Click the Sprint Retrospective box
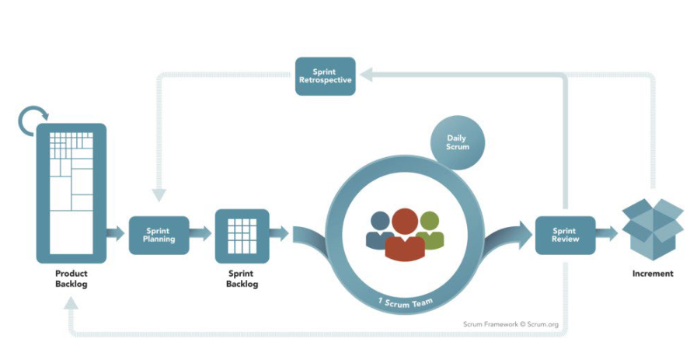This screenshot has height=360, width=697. pyautogui.click(x=325, y=75)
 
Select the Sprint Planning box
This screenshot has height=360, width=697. pyautogui.click(x=159, y=235)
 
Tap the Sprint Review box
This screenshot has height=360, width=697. pyautogui.click(x=564, y=235)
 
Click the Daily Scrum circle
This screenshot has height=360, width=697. pyautogui.click(x=457, y=143)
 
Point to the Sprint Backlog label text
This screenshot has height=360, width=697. pyautogui.click(x=242, y=279)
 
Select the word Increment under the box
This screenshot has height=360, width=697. pyautogui.click(x=653, y=274)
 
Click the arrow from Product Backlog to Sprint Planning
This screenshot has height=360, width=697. pyautogui.click(x=116, y=233)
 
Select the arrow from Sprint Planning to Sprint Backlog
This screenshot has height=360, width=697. pyautogui.click(x=200, y=232)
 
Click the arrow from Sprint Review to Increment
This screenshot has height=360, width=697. pyautogui.click(x=607, y=232)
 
